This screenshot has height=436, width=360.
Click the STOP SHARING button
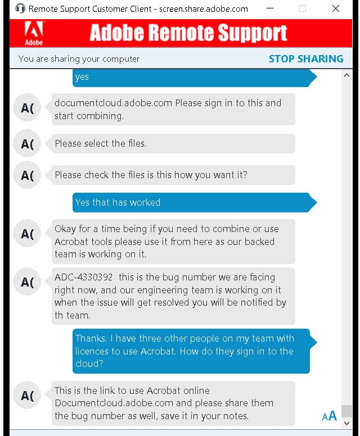[305, 58]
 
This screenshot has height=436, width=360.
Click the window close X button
[336, 8]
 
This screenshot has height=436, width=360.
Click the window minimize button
[271, 8]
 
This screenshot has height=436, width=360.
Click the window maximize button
[303, 8]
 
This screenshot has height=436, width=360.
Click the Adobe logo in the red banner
[34, 33]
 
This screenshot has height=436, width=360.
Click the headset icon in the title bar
[20, 8]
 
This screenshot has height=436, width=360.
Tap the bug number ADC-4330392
[83, 277]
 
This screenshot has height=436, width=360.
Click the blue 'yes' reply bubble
[82, 77]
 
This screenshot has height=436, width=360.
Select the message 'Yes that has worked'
[118, 202]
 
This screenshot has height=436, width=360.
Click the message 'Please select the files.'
[100, 143]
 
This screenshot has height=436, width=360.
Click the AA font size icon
[329, 416]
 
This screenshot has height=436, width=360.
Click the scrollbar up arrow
[346, 75]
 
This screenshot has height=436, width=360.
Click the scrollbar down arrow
[346, 423]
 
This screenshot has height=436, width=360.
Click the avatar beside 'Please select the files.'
[27, 144]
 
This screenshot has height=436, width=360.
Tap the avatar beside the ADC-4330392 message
[27, 281]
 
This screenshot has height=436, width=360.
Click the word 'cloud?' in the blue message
[89, 364]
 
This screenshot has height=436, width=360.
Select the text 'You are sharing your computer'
[79, 58]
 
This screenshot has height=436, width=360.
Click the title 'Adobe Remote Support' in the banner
[188, 33]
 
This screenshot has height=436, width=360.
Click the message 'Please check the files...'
[151, 175]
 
